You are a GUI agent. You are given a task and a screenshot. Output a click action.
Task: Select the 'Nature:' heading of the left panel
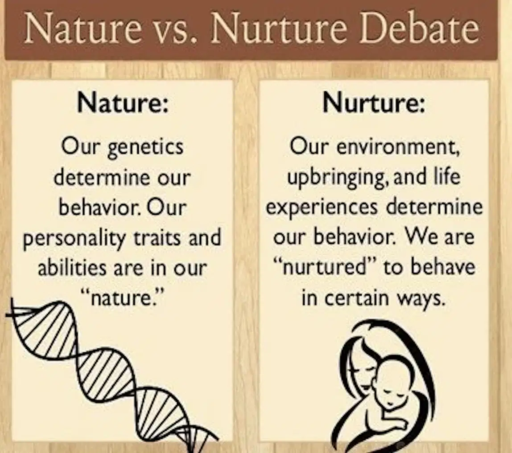pos(123,102)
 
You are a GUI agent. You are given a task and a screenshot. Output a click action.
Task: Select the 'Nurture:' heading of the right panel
pos(374,102)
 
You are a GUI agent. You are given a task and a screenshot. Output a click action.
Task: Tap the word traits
pos(157,237)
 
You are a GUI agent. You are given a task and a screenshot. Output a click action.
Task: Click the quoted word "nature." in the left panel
pos(123,298)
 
